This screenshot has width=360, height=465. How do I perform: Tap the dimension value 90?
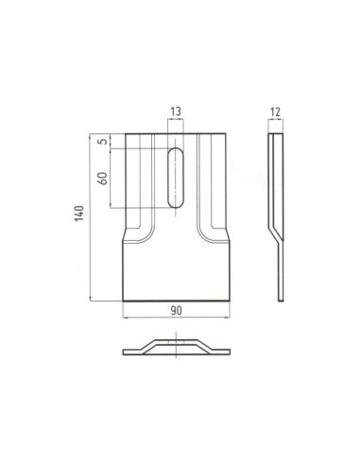pyautogui.click(x=177, y=311)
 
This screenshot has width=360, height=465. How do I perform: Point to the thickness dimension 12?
pyautogui.click(x=276, y=112)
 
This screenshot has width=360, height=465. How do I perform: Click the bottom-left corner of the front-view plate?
pyautogui.click(x=123, y=301)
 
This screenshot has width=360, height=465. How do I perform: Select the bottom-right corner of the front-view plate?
pyautogui.click(x=231, y=301)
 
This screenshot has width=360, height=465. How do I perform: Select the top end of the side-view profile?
pyautogui.click(x=273, y=134)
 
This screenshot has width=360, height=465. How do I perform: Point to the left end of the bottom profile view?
pyautogui.click(x=125, y=353)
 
